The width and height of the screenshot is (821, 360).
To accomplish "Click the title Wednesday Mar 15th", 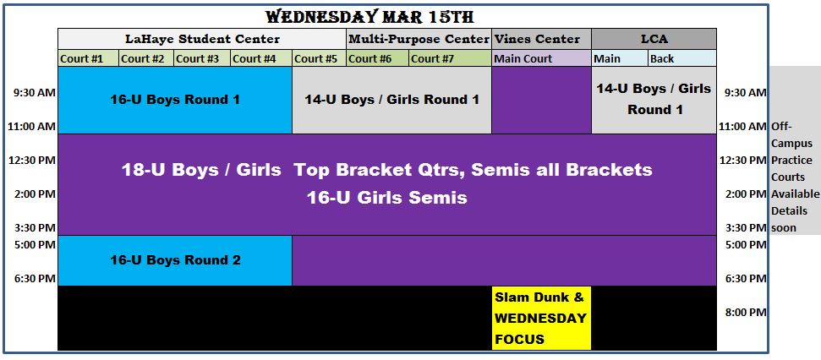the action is [x=369, y=17].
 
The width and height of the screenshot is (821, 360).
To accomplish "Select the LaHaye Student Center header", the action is [x=202, y=39].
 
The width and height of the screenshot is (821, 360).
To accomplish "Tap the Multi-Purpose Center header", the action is [x=419, y=39].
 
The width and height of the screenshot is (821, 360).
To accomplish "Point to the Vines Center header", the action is [x=541, y=39].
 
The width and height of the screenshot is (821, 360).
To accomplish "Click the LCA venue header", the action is [x=654, y=39].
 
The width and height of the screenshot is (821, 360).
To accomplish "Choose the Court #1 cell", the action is [x=89, y=58].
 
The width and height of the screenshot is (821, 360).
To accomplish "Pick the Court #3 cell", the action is [x=201, y=58].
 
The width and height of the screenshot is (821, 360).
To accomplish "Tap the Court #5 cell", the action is [x=319, y=58].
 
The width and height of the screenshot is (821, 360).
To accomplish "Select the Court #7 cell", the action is [x=451, y=58].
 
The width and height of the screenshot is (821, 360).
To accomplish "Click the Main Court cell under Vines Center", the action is [x=541, y=58].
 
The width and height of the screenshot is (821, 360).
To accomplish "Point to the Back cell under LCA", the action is [x=682, y=58].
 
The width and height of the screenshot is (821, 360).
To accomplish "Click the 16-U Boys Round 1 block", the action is [x=175, y=100].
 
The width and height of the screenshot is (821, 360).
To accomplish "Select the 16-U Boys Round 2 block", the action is [x=175, y=260].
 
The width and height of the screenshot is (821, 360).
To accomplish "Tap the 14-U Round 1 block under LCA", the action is [x=654, y=100].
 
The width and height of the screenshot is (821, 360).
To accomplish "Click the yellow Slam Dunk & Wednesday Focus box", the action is [x=541, y=318].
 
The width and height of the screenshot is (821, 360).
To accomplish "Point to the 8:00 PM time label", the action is [x=746, y=313].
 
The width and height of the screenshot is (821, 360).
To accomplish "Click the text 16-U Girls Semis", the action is [x=386, y=198].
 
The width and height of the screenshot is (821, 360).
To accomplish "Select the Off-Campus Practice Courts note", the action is [x=795, y=177].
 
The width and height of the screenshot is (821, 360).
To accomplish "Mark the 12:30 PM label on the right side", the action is [x=742, y=160].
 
